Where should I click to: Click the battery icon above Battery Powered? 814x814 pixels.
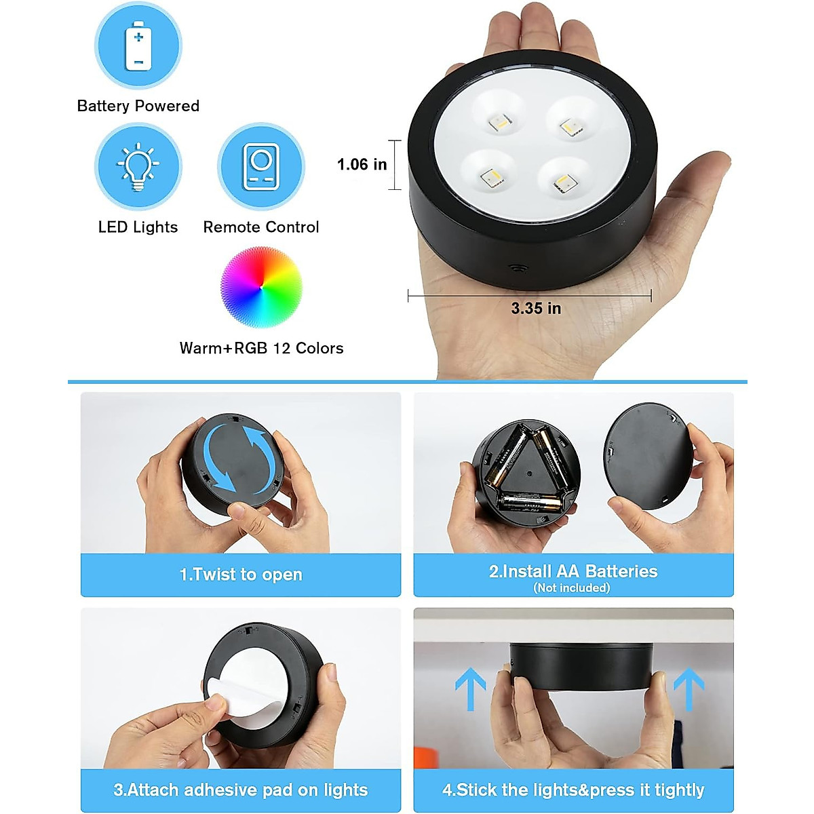[138, 45]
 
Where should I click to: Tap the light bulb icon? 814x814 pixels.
[138, 167]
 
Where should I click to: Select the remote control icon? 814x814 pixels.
[260, 167]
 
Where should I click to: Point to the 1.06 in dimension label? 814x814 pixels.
[362, 164]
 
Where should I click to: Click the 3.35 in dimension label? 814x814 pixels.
[536, 309]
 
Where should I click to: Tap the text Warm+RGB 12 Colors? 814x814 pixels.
[261, 348]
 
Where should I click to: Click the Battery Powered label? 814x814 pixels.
[138, 106]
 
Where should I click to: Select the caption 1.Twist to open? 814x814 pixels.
[241, 575]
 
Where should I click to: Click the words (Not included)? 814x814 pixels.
[572, 588]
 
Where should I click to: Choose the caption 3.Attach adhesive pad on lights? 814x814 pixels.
[241, 790]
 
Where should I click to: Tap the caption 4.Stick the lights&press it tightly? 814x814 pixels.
[573, 790]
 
